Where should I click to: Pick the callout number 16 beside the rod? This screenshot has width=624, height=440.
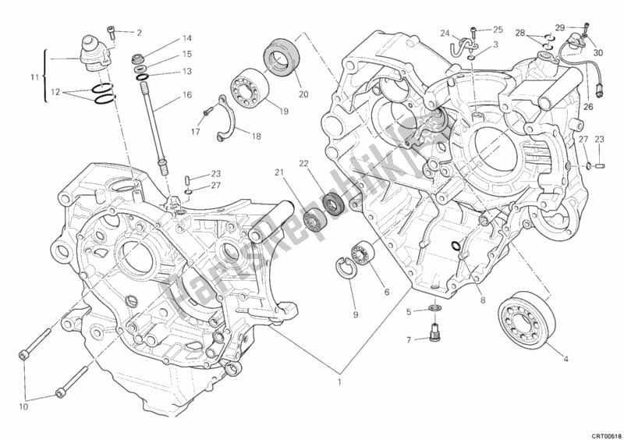187,94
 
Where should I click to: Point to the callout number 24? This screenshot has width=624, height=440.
444,33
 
